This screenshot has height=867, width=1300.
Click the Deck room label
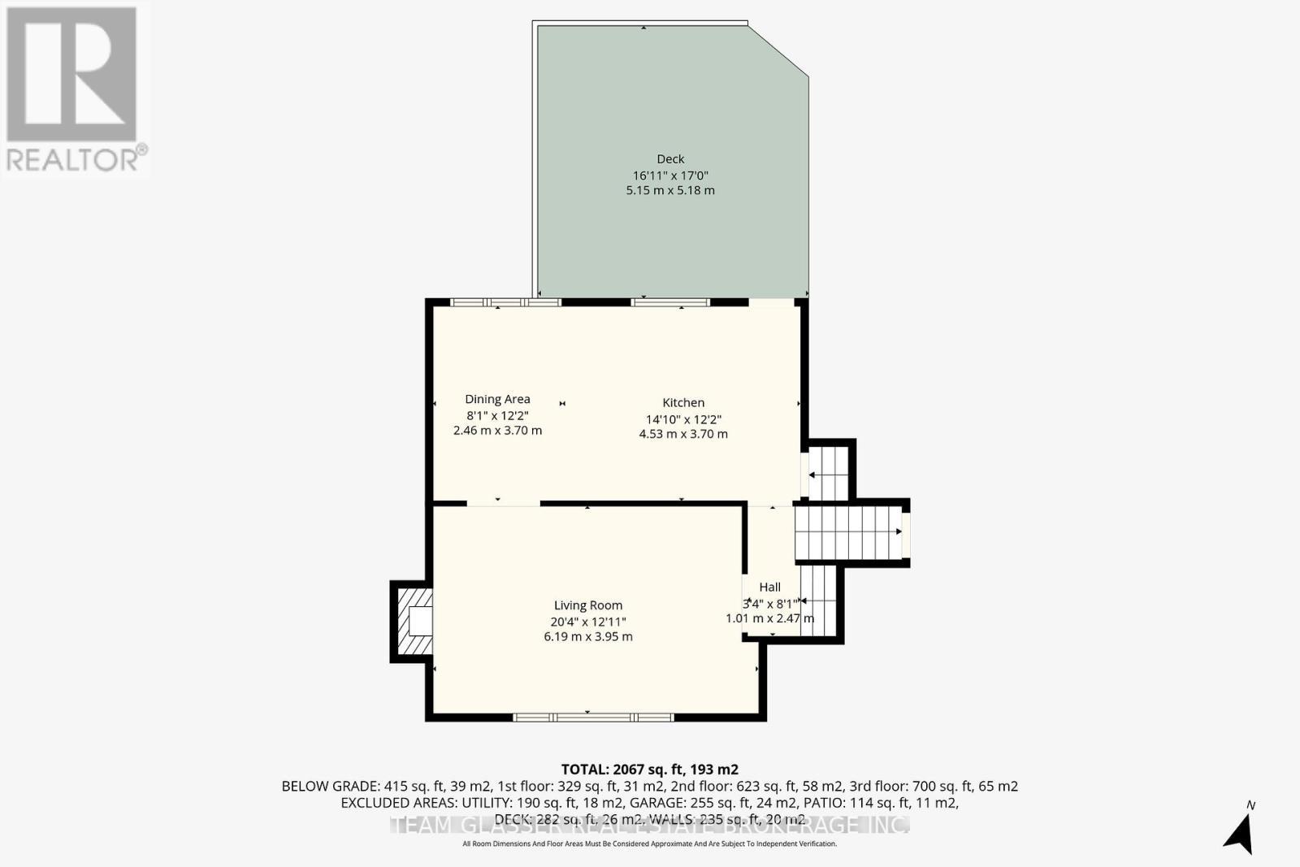(x=670, y=159)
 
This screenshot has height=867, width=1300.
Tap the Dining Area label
(x=497, y=399)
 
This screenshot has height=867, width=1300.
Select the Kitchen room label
(x=683, y=403)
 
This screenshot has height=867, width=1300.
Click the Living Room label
(x=588, y=605)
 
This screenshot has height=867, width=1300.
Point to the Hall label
(x=769, y=587)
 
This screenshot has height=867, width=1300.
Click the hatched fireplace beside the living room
(x=413, y=622)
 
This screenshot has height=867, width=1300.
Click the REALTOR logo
(x=75, y=89)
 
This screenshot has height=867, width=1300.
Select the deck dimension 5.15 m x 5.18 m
(x=670, y=190)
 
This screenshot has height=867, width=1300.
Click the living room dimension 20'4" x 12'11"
(x=588, y=622)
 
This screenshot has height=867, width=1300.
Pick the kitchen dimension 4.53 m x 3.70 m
(x=683, y=434)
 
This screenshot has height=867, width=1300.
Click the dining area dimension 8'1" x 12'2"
(x=497, y=415)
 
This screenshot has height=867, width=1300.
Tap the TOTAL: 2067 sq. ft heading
(x=649, y=769)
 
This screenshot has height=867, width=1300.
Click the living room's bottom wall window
(x=593, y=717)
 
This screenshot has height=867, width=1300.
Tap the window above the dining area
(x=506, y=302)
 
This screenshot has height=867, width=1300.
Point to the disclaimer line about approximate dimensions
(x=649, y=844)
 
